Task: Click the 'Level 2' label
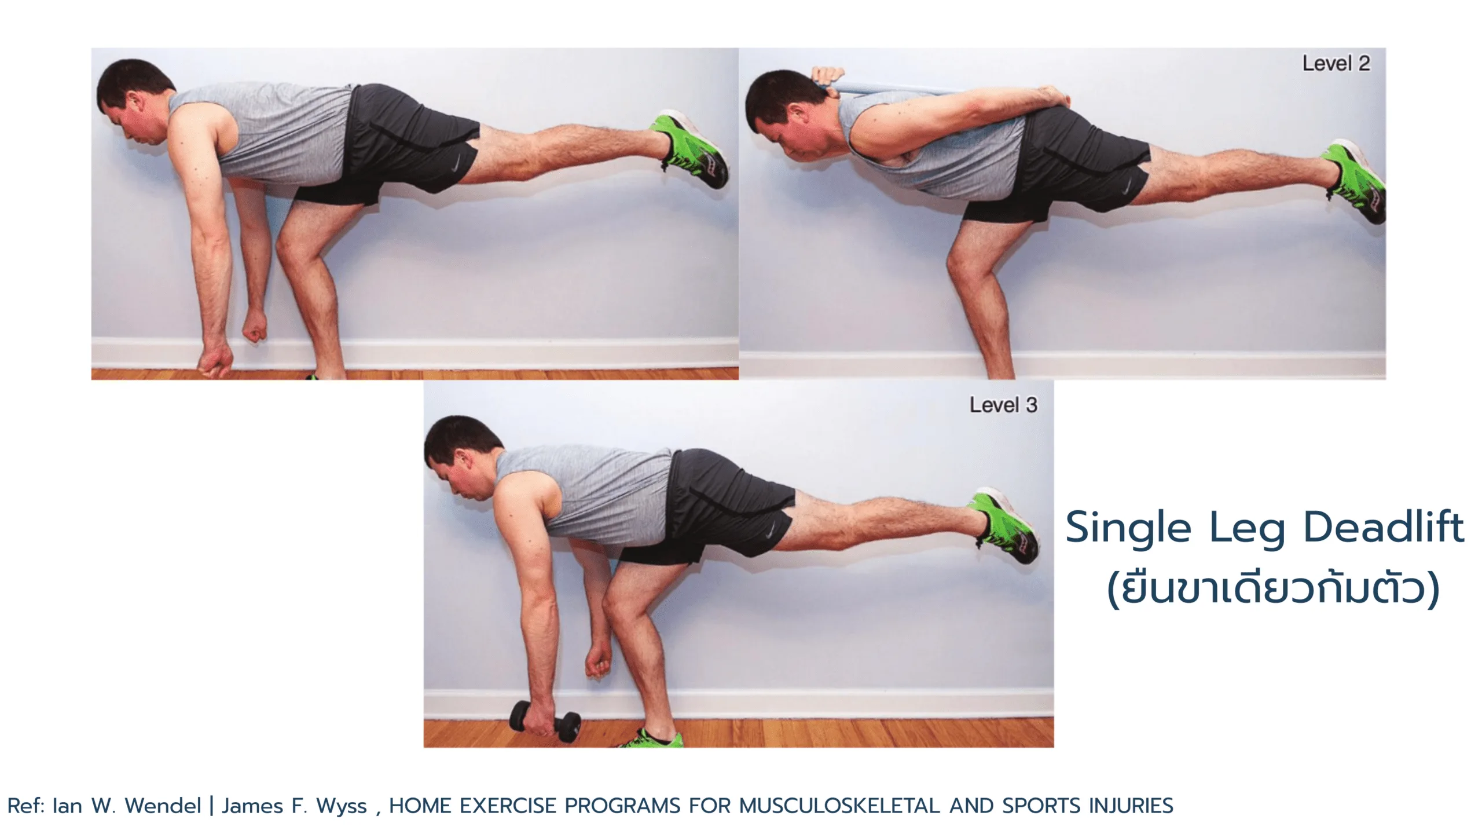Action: [1336, 63]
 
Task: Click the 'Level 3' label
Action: [1003, 405]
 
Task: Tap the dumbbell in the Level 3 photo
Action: [545, 721]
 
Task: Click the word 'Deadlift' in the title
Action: [1384, 527]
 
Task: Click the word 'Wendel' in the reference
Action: [163, 806]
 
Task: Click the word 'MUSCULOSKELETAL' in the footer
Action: [839, 806]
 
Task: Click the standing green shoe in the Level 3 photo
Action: [652, 738]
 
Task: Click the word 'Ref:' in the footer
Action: [26, 806]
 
